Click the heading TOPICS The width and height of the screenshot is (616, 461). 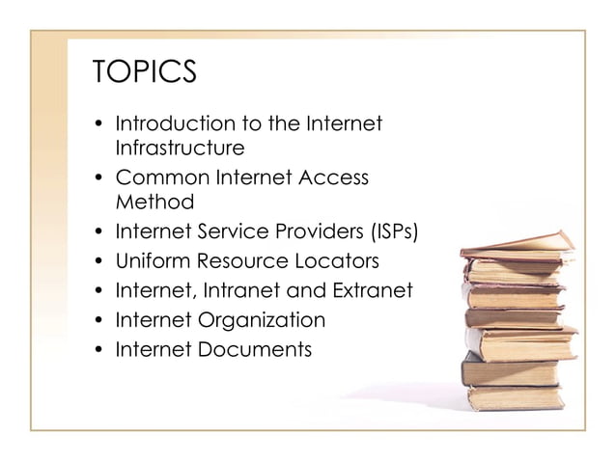pyautogui.click(x=144, y=72)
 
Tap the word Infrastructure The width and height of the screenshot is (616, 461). pyautogui.click(x=179, y=149)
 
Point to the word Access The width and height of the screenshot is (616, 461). pyautogui.click(x=338, y=177)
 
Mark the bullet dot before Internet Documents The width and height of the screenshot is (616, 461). pyautogui.click(x=100, y=349)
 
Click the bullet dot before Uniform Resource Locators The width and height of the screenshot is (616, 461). pyautogui.click(x=100, y=261)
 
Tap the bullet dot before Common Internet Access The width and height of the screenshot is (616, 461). pyautogui.click(x=100, y=178)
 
